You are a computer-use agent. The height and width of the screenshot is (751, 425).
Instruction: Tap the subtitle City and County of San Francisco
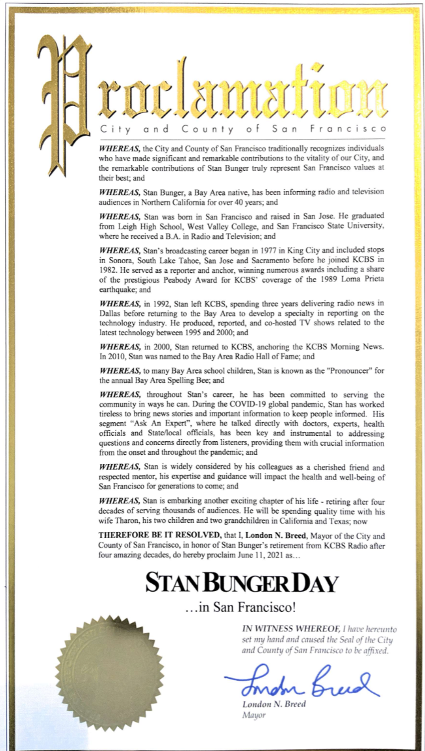click(243, 129)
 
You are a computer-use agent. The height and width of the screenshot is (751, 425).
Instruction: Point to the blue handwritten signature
click(302, 681)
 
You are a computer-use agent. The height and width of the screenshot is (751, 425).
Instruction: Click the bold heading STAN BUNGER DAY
click(242, 582)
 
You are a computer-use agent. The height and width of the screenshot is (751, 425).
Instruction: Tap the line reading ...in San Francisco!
click(241, 609)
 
